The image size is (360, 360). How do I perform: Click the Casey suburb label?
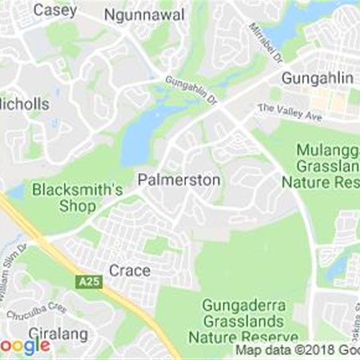[x=55, y=10]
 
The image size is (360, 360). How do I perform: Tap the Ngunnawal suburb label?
[x=144, y=14]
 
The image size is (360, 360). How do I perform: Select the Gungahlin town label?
[x=317, y=78]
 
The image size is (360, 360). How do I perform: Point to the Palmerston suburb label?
[x=179, y=180]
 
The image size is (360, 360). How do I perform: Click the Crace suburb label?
[x=130, y=270]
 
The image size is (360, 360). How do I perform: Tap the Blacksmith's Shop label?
[x=77, y=198]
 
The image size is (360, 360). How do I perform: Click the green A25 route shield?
[x=89, y=282]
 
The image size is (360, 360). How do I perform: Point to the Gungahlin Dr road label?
[x=191, y=90]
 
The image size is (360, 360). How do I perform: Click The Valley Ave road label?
[x=290, y=112]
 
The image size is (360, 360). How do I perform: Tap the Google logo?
[x=25, y=346]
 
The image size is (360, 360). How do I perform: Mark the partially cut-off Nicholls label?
[x=25, y=104]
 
